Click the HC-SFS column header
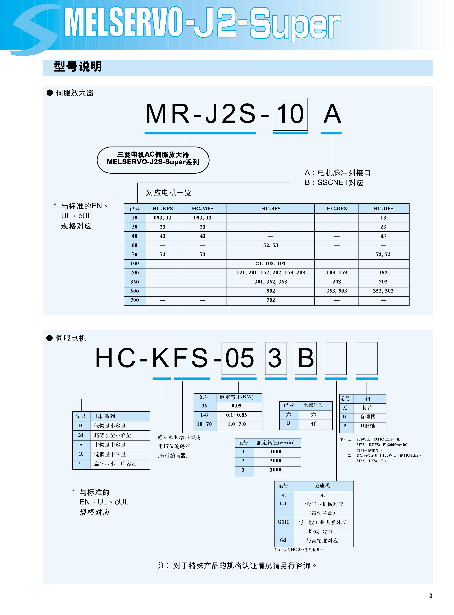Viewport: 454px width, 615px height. pos(270,209)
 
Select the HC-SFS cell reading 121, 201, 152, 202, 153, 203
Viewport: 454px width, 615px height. pos(270,273)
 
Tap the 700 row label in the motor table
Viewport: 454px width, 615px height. pos(134,300)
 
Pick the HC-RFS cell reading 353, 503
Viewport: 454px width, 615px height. pos(336,291)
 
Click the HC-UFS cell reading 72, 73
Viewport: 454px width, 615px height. pos(383,254)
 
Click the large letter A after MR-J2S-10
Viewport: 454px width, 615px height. pos(332,114)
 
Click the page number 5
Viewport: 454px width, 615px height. pos(431,595)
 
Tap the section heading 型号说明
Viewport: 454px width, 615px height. pos(78,67)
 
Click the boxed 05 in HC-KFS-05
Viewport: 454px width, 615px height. pos(239,358)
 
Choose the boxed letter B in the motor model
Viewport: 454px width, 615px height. pos(306,358)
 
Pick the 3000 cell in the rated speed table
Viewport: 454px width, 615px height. pos(275,470)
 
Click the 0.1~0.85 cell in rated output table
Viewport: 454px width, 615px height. pos(236,415)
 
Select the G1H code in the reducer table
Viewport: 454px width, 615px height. pos(283,522)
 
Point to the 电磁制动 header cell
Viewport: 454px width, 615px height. pos(313,405)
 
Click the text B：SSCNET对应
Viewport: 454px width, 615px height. pos(334,183)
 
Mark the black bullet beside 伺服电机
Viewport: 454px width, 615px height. pos(49,338)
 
